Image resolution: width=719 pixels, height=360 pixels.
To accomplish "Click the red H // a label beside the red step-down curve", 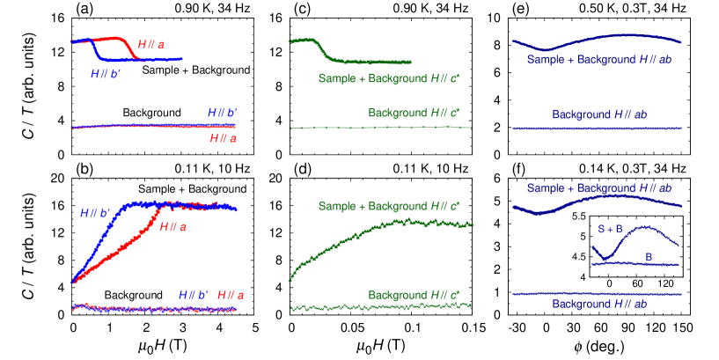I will pos(150,44).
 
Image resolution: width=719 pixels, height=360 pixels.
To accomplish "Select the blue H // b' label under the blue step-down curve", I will pos(106,74).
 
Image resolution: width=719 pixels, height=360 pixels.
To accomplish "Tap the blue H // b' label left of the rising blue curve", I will pos(94,212).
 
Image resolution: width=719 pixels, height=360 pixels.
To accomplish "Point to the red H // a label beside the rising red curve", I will pos(173,226).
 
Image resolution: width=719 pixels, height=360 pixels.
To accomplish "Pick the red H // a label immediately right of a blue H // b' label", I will pos(231,294).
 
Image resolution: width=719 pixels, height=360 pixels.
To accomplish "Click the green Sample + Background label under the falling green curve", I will pos(389,78).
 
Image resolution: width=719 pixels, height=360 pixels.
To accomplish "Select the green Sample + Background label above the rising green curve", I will pos(389,206).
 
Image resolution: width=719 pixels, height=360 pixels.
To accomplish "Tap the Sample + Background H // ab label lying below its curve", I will pos(599,60).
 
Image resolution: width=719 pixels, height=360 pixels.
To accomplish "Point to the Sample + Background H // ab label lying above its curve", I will pos(599,188).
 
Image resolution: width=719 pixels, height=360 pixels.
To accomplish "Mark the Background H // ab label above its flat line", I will pos(599,114).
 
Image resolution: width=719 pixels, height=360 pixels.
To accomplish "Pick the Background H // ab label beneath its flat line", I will pos(599,304).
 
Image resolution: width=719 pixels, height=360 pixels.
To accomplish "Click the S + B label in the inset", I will pos(610,229).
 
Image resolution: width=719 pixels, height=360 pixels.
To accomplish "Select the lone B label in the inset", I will pos(649,256).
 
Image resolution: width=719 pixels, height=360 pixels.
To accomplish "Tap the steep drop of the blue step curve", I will pos(95,50).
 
